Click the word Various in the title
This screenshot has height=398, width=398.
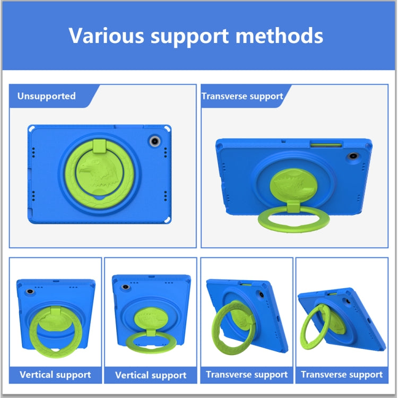click(106, 36)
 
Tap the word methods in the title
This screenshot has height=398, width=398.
click(279, 36)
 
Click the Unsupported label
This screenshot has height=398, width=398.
click(47, 96)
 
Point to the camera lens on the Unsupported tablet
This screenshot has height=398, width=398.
click(154, 141)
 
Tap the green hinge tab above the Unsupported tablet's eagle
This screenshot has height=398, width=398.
click(100, 146)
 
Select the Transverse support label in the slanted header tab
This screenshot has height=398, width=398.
click(242, 96)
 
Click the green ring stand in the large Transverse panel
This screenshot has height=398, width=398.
click(293, 228)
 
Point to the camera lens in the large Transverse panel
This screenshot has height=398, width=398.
click(353, 156)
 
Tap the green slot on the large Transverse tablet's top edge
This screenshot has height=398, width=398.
click(326, 145)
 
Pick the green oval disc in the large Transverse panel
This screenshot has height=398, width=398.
click(293, 185)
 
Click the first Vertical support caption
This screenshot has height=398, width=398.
click(55, 375)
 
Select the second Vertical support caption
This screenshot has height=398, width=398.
click(151, 375)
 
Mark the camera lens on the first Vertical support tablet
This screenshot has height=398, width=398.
click(30, 291)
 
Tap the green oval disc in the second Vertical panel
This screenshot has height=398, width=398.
click(151, 318)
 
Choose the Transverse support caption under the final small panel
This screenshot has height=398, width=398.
click(342, 375)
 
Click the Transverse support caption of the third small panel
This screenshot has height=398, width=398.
click(247, 375)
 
